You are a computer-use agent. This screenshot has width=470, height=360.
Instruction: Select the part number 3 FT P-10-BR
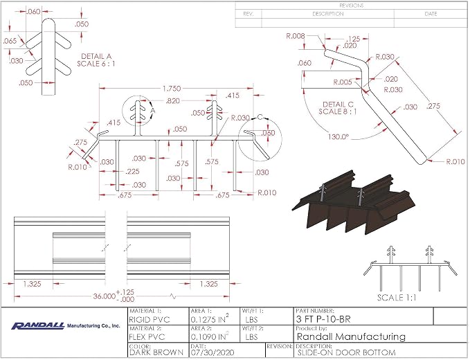point(323,319)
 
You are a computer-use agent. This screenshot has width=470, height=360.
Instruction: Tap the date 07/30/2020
point(213,353)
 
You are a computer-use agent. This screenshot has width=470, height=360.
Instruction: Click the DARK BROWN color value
point(156,353)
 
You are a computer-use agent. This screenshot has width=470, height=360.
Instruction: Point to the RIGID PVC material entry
point(150,320)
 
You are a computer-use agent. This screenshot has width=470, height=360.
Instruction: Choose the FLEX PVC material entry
point(147,337)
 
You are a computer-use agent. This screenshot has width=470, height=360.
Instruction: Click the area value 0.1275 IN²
point(210,319)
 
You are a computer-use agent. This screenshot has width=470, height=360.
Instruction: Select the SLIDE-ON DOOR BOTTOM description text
point(345,353)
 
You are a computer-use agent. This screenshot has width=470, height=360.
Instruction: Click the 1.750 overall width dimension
point(172,89)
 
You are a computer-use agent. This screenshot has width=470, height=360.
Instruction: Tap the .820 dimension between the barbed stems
point(172,101)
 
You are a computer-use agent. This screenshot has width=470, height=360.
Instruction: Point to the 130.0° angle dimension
point(338,137)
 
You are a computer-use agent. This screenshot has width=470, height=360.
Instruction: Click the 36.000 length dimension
point(104,296)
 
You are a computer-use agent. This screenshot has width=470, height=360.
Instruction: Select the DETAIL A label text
point(96,56)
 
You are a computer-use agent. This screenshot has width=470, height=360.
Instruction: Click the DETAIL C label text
point(338,105)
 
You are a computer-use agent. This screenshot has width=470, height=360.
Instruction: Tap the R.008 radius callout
point(296,36)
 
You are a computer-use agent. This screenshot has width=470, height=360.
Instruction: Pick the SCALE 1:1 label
point(397,298)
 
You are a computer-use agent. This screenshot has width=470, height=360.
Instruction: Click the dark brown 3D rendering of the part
point(354,204)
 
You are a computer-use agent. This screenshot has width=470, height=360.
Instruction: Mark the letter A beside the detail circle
point(153,111)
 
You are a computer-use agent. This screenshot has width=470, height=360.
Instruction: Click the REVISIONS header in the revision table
point(352,6)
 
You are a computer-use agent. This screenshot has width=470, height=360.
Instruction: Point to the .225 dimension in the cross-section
point(133,172)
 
